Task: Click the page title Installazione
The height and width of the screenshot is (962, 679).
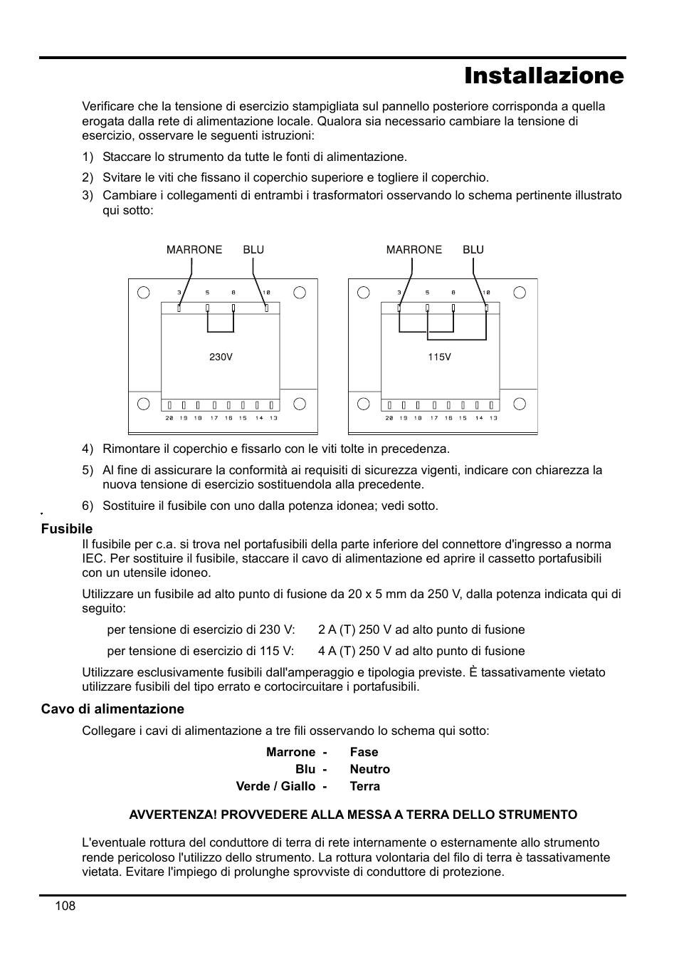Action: coord(544,75)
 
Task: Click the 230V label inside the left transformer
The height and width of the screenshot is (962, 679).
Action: coord(221,357)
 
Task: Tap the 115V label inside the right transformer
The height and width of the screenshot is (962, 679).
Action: coord(440,357)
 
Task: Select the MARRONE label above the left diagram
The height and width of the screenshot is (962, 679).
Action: coord(194,250)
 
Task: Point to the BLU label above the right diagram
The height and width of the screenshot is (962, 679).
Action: coord(473,250)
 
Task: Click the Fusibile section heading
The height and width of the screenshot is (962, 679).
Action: coord(67,529)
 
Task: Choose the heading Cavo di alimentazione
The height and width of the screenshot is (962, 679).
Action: coord(112,709)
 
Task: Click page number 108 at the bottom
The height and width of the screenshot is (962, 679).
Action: coord(64,906)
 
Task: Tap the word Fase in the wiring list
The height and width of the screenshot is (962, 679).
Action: coord(364,752)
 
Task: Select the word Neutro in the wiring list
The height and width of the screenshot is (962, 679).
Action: coord(369,769)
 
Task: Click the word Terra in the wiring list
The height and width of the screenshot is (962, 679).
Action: coord(364,786)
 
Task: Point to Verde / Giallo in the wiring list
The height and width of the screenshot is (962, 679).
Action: coord(275,786)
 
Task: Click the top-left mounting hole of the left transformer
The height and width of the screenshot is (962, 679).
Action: coord(144,292)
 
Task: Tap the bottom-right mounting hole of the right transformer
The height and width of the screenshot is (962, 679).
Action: coord(520,404)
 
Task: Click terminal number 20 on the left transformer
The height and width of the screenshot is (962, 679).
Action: coord(169,418)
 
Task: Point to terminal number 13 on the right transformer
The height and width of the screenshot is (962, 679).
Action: coord(493,418)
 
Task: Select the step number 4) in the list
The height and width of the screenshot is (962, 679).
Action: coord(88,449)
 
